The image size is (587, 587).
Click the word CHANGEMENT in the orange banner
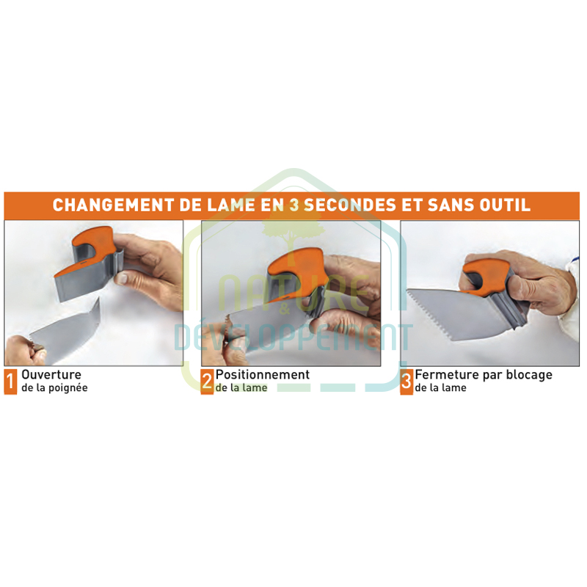pyautogui.click(x=113, y=205)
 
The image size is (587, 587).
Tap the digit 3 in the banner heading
pyautogui.click(x=294, y=205)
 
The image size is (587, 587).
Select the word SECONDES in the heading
pyautogui.click(x=350, y=205)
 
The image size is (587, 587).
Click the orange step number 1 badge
pyautogui.click(x=10, y=382)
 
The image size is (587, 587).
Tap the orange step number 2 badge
pyautogui.click(x=207, y=382)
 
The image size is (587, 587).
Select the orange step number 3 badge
pyautogui.click(x=406, y=382)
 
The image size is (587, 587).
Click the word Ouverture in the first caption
pyautogui.click(x=51, y=375)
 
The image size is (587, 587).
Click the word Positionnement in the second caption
pyautogui.click(x=263, y=375)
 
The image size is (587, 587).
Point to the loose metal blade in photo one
pyautogui.click(x=65, y=333)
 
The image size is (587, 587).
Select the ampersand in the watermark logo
pyautogui.click(x=285, y=310)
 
